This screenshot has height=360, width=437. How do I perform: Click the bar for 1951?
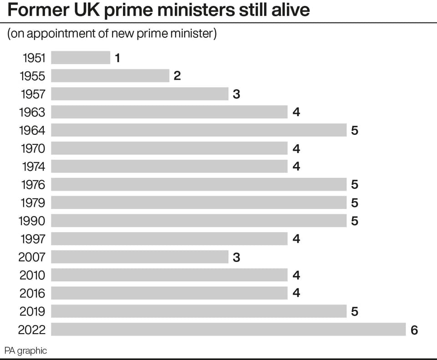point(81,57)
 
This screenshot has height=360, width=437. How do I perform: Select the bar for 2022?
point(228,329)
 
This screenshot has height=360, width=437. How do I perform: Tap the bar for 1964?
point(199,130)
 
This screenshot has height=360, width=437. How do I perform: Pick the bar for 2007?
point(140,257)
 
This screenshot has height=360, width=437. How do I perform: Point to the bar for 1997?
point(169,239)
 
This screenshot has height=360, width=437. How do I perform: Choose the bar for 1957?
point(140,94)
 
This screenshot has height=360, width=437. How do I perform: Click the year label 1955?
point(32,76)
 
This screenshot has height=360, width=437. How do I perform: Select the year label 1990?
point(32,221)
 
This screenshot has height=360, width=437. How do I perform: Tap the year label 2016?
point(32,293)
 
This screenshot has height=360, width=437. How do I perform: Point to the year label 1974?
point(33,166)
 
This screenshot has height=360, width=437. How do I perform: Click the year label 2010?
point(32,275)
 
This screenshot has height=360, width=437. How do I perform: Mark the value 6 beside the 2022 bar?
point(414,330)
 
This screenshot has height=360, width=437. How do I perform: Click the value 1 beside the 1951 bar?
point(117,58)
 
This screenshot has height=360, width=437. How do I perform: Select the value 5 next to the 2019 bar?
point(355,311)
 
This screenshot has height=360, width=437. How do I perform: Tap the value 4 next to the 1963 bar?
point(296,112)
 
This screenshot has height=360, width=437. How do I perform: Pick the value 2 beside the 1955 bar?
point(177,76)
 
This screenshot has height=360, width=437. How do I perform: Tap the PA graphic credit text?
point(25,350)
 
